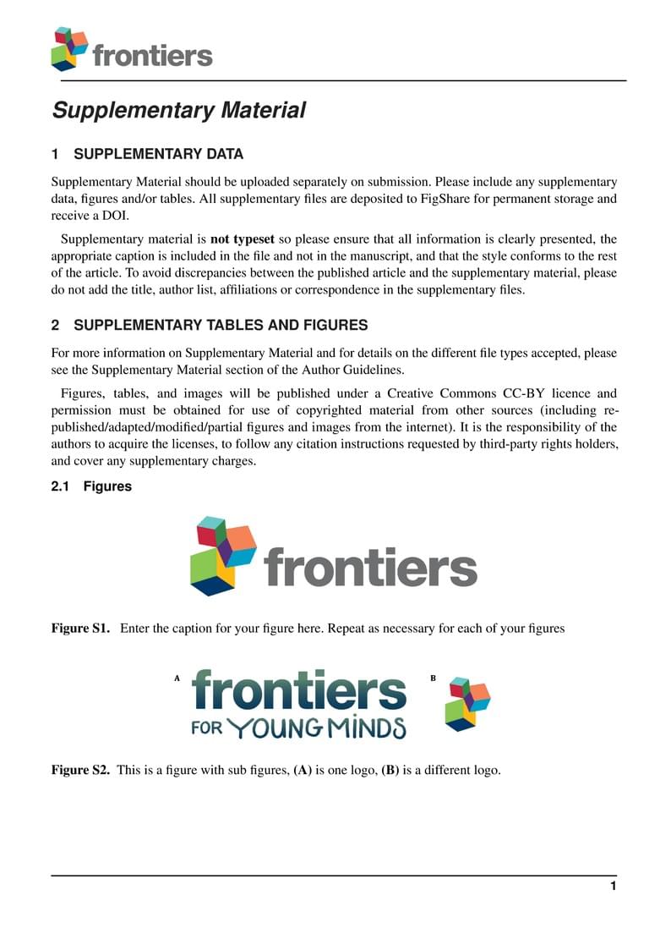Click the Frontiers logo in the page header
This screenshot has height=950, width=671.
click(131, 50)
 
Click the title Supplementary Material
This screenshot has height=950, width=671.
click(178, 110)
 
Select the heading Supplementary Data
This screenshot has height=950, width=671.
click(158, 154)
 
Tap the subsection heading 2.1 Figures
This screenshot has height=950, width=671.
click(91, 486)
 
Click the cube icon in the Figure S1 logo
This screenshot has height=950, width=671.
click(223, 556)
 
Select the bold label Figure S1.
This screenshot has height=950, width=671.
click(80, 629)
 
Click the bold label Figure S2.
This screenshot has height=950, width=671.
click(80, 770)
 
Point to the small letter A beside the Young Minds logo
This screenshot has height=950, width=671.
click(177, 678)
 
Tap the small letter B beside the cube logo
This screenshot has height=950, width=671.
click(433, 678)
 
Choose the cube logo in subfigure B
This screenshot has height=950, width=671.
click(467, 703)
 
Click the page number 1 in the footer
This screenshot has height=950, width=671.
click(613, 886)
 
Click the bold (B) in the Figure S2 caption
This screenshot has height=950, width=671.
click(390, 770)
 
